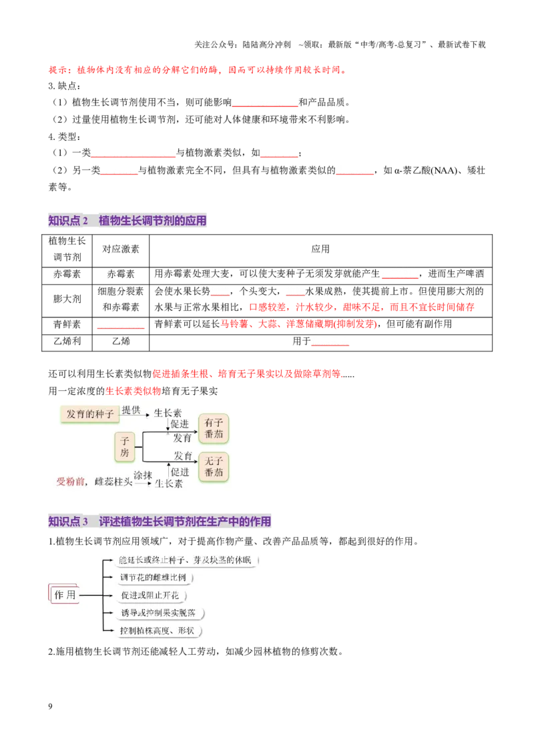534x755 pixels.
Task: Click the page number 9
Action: pos(50,706)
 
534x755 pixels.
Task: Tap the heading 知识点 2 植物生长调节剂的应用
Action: pos(127,221)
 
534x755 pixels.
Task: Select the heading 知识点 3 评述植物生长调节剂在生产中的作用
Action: pos(160,521)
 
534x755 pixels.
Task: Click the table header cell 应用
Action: pos(320,249)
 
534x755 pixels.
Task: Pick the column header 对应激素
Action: pos(121,249)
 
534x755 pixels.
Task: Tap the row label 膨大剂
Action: pos(67,299)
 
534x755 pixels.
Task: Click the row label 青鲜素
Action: pos(67,324)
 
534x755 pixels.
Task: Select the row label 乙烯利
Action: pos(67,341)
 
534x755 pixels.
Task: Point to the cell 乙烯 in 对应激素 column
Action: pos(121,341)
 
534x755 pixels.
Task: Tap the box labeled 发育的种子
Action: pos(90,414)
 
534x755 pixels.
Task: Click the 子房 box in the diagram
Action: pos(125,446)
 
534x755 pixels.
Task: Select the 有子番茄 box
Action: pos(214,428)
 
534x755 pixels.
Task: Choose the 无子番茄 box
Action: pos(214,466)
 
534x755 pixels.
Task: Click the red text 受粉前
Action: pos(70,482)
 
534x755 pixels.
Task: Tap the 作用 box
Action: pos(65,595)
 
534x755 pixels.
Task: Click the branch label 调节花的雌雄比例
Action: pos(154,578)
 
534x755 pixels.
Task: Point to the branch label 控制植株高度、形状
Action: pos(157,630)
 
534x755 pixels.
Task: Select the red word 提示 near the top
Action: pos(58,70)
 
